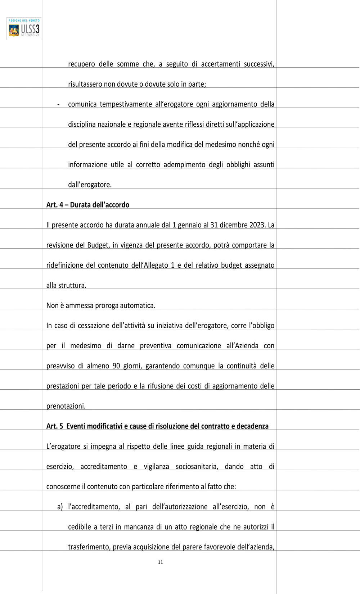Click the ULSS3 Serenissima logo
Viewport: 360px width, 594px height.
click(24, 29)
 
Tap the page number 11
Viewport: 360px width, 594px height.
click(160, 562)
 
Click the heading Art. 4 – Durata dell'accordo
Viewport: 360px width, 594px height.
click(88, 205)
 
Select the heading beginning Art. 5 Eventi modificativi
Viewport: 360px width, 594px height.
click(157, 426)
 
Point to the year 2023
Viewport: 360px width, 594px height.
click(257, 225)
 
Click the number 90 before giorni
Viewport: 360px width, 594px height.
click(116, 366)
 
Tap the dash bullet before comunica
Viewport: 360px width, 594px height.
click(58, 104)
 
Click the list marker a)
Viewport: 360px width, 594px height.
click(60, 507)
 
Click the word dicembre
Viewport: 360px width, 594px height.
click(233, 225)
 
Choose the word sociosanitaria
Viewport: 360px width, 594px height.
click(197, 467)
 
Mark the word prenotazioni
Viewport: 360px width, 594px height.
click(66, 406)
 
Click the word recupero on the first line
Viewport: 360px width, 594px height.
click(81, 64)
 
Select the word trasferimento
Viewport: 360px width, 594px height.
click(89, 547)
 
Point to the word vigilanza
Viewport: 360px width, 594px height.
click(156, 467)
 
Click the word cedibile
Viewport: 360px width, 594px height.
click(80, 527)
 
